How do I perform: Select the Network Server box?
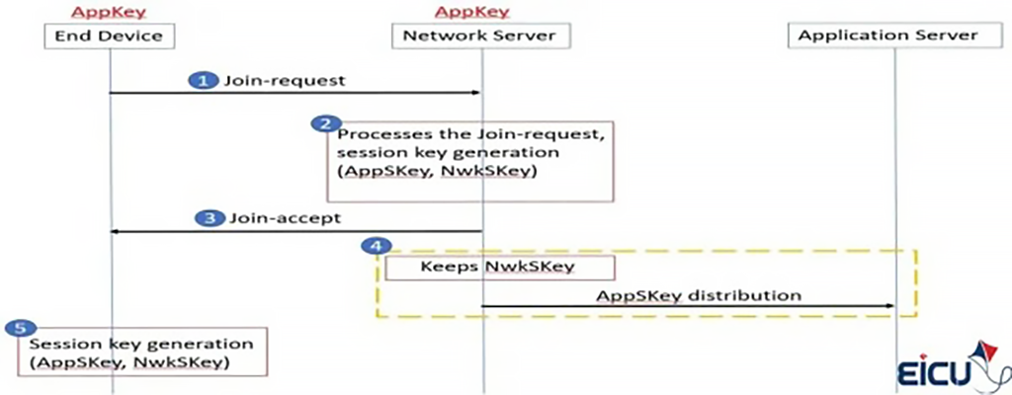tap(481, 36)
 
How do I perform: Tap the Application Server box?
tap(886, 36)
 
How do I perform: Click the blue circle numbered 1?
tap(204, 80)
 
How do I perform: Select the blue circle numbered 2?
tap(322, 123)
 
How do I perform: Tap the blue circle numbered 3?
tap(208, 217)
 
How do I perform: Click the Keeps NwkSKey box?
tap(499, 267)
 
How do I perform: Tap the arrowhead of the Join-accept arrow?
tap(115, 231)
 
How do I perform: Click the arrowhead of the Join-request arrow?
tap(475, 93)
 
